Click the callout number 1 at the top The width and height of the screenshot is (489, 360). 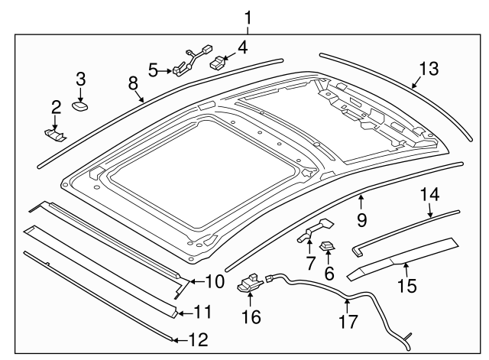[246, 15]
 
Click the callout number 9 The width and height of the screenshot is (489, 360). [361, 220]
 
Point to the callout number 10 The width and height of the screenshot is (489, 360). [215, 281]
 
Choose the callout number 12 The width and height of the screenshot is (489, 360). [198, 341]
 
